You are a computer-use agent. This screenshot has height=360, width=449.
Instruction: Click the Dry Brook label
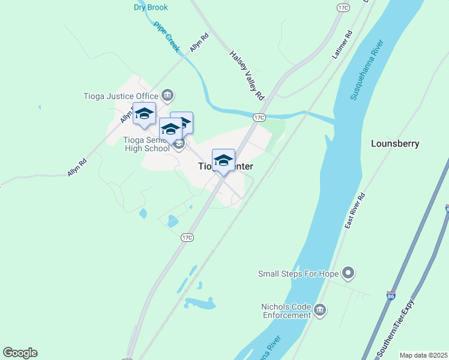(x=151, y=7)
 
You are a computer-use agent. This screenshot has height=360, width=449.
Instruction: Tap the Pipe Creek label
(x=167, y=37)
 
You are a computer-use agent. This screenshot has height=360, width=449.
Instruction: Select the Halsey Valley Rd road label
(x=247, y=75)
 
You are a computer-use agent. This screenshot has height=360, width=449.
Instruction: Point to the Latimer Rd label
(x=342, y=45)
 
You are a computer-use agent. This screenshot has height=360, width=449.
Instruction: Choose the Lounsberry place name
(x=395, y=143)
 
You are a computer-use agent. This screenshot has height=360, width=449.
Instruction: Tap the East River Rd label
(x=355, y=211)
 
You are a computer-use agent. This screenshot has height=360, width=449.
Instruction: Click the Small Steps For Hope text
(x=298, y=274)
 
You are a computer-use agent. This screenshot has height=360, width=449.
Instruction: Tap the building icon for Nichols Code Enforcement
(x=320, y=310)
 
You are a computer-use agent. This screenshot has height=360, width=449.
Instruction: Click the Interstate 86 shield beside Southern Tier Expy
(x=391, y=298)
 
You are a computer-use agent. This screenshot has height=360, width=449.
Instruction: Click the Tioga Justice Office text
(x=121, y=95)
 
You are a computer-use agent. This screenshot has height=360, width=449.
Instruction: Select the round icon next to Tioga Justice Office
(x=167, y=95)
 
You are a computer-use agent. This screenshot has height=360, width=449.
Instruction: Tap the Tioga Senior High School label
(x=146, y=144)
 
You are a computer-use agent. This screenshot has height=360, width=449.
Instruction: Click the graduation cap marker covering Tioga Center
(x=223, y=161)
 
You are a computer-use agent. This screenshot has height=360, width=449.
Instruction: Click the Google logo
(x=20, y=353)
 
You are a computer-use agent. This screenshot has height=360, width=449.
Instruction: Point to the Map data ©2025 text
(x=423, y=355)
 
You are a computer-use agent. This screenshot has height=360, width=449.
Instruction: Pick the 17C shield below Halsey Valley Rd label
(x=259, y=118)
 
